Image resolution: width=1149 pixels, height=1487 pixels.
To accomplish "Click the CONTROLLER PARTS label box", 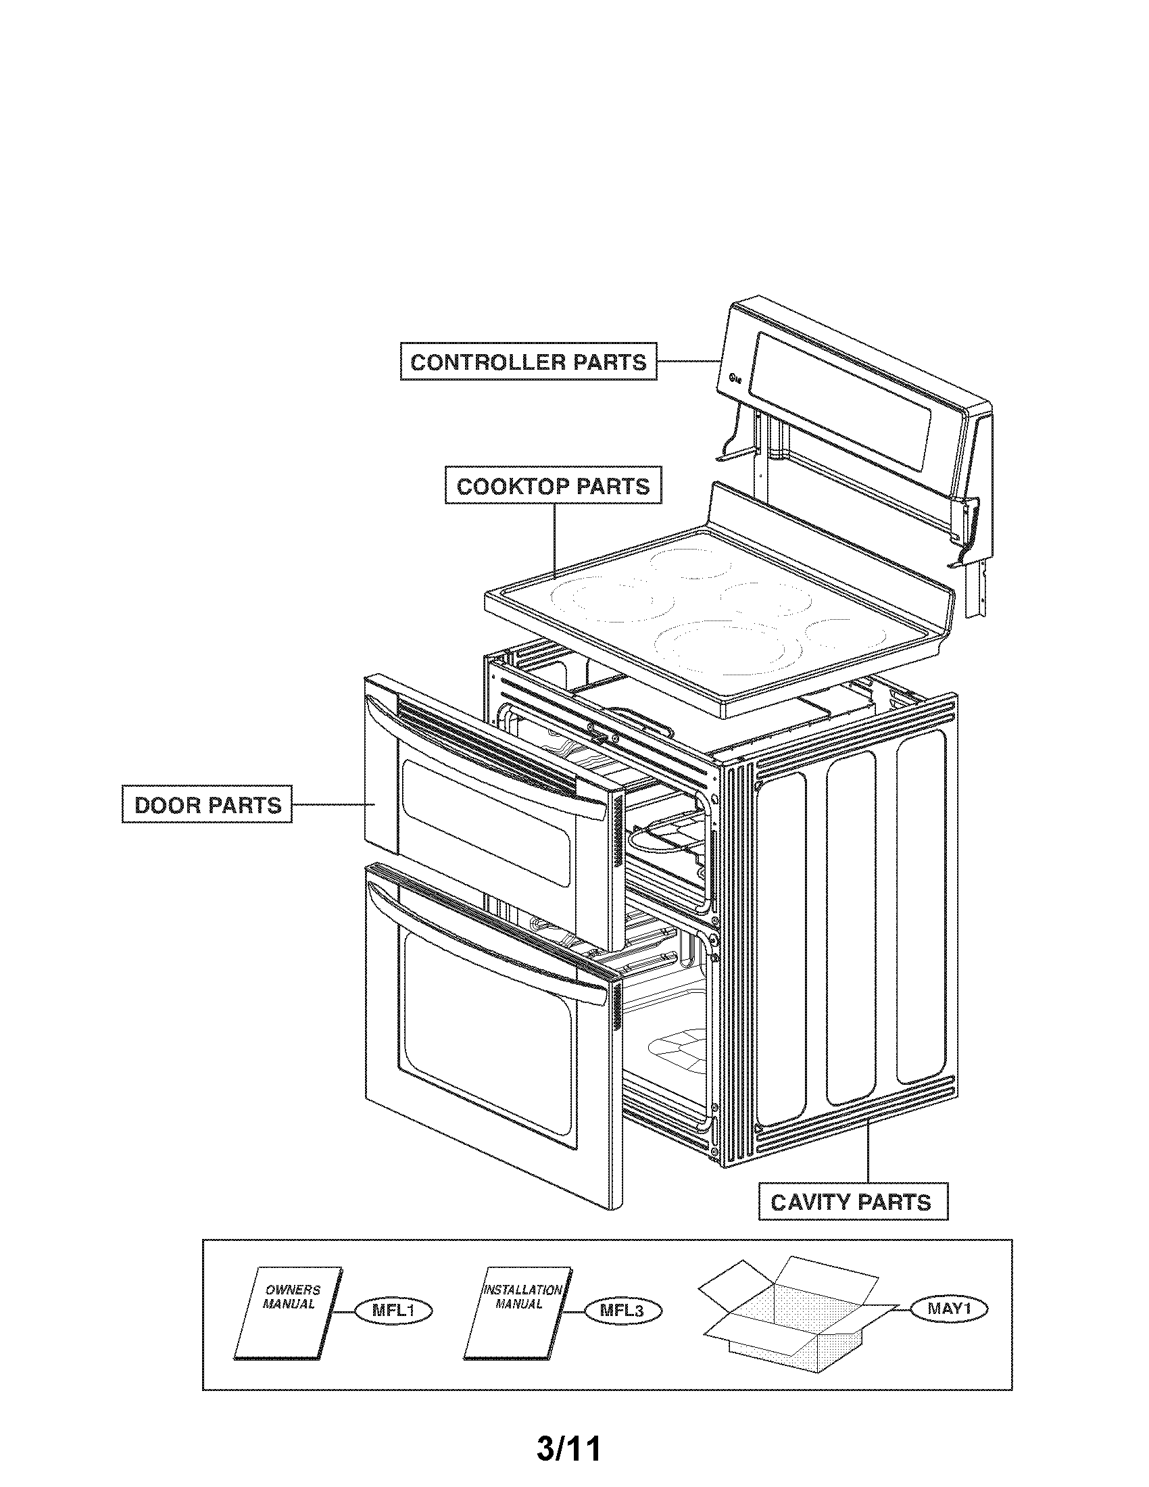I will point(529,362).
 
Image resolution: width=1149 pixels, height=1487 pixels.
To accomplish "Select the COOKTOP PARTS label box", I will point(553,486).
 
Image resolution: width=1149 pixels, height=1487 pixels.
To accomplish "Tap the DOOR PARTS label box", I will point(207,805).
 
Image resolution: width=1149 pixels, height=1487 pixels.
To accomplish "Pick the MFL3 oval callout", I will point(622,1310).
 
